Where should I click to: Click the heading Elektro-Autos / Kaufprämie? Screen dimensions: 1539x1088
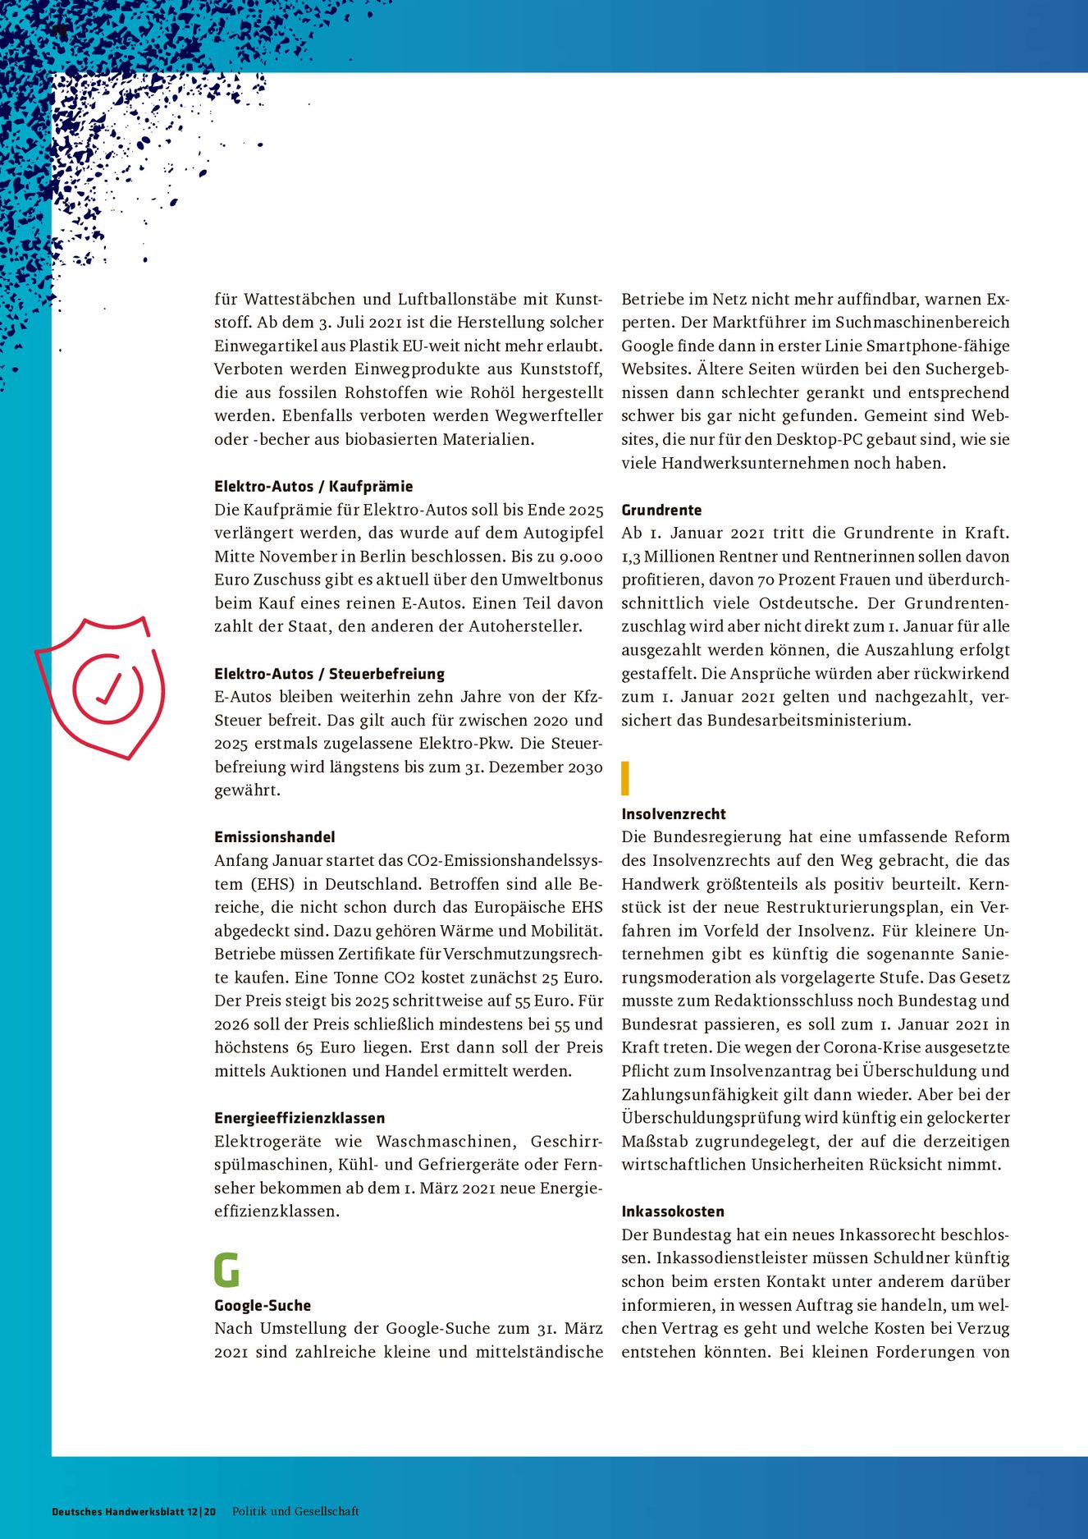click(313, 486)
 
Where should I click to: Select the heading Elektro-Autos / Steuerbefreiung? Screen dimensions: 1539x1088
click(329, 674)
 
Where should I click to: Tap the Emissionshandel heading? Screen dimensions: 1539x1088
click(275, 837)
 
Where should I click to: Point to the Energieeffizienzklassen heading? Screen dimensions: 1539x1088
click(299, 1118)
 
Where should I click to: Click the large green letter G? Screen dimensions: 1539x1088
click(226, 1270)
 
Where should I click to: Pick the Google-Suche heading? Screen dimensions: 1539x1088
click(263, 1305)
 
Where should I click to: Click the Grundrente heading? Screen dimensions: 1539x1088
click(661, 510)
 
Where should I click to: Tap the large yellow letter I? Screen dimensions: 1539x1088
click(625, 778)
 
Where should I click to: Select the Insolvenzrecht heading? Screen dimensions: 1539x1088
click(674, 814)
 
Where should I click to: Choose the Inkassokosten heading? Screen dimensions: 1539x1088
click(673, 1212)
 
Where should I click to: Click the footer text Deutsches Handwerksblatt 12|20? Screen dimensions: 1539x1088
click(134, 1511)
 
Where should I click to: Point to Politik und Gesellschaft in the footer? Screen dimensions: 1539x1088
click(295, 1511)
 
